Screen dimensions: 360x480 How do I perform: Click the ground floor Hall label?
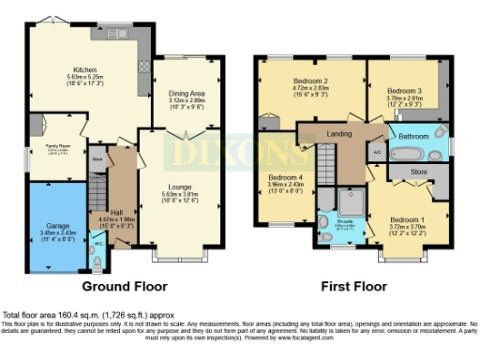point(116,212)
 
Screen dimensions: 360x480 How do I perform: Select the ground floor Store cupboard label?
point(97,159)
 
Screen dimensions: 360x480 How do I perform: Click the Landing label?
point(338,134)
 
